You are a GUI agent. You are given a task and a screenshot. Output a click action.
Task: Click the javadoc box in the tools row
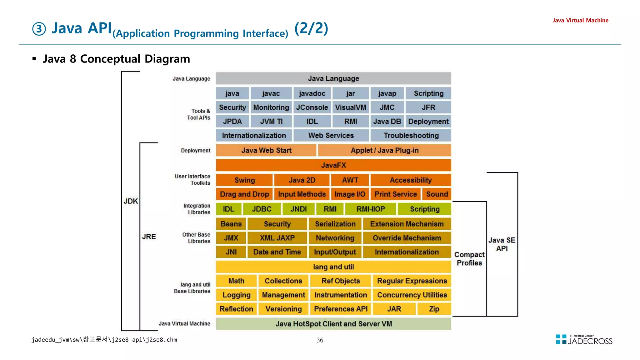click(312, 93)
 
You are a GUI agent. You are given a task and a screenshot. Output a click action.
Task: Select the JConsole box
click(312, 107)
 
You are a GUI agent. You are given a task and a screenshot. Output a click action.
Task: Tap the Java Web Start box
click(266, 150)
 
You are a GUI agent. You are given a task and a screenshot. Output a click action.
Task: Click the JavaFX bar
click(333, 165)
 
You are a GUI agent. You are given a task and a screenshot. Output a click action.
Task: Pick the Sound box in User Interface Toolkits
click(437, 194)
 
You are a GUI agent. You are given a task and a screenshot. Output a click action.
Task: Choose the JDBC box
click(262, 209)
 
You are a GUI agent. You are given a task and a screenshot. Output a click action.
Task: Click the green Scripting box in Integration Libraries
click(424, 209)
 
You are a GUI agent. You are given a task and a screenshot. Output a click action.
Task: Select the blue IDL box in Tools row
click(312, 122)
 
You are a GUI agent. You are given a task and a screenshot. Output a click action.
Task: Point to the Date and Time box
click(277, 252)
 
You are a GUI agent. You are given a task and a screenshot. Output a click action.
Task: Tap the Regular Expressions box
click(412, 281)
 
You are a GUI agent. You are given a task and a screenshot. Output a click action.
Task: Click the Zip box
click(434, 309)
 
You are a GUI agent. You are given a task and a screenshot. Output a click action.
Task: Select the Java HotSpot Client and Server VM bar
click(333, 324)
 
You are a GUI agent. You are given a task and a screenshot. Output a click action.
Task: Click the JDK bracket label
click(131, 201)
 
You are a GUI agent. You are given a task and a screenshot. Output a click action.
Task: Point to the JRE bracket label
click(149, 237)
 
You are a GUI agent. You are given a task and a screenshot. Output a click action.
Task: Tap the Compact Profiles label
click(469, 259)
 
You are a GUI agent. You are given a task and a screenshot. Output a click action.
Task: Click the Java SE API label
click(502, 244)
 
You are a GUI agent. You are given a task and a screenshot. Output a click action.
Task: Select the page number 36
click(320, 340)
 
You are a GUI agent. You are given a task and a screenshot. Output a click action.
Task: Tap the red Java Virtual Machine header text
click(580, 20)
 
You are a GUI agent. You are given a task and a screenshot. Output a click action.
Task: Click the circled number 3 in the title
click(39, 29)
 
